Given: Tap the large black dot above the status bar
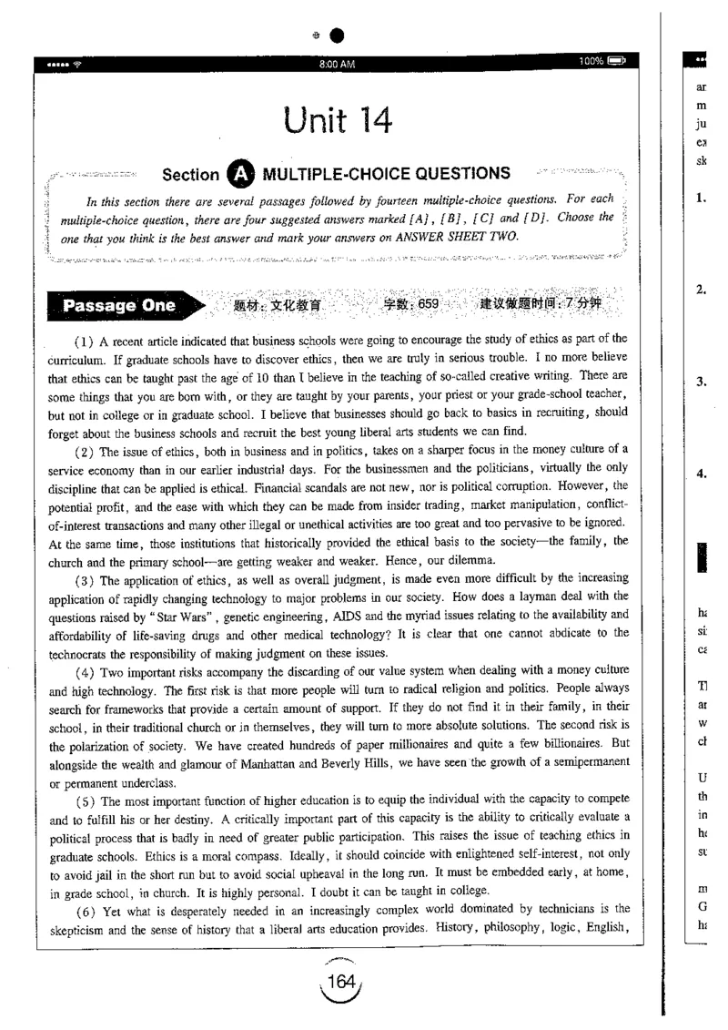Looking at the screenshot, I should (337, 36).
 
